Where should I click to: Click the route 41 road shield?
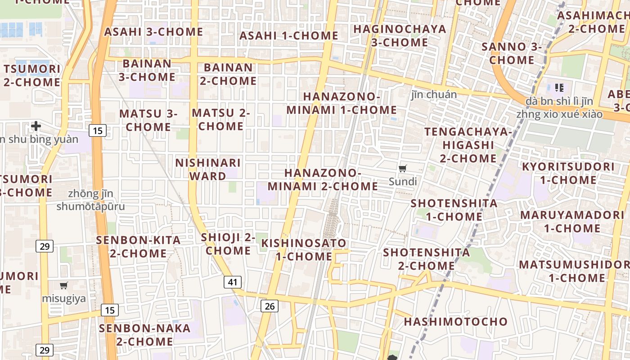point(232,282)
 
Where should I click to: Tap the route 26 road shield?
point(269,306)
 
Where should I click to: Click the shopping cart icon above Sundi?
point(403,169)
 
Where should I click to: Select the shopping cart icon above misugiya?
point(64,285)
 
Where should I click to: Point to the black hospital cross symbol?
point(36,126)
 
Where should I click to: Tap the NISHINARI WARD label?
point(208,169)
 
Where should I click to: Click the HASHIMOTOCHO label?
point(455,322)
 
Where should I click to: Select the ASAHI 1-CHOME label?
point(288,36)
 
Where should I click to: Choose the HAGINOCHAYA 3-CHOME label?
point(400,36)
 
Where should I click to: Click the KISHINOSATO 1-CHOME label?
point(304,250)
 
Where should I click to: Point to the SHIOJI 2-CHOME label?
point(228,244)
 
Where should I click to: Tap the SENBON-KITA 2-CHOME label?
point(138,247)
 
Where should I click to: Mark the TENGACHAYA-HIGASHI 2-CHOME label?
point(468,145)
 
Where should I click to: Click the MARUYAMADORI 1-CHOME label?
point(572,221)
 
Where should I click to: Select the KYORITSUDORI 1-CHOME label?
point(568,173)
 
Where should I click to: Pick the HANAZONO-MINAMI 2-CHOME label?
point(323,180)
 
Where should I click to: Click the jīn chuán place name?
point(434,94)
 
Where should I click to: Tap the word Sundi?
point(403,182)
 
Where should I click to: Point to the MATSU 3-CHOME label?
point(148,120)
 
